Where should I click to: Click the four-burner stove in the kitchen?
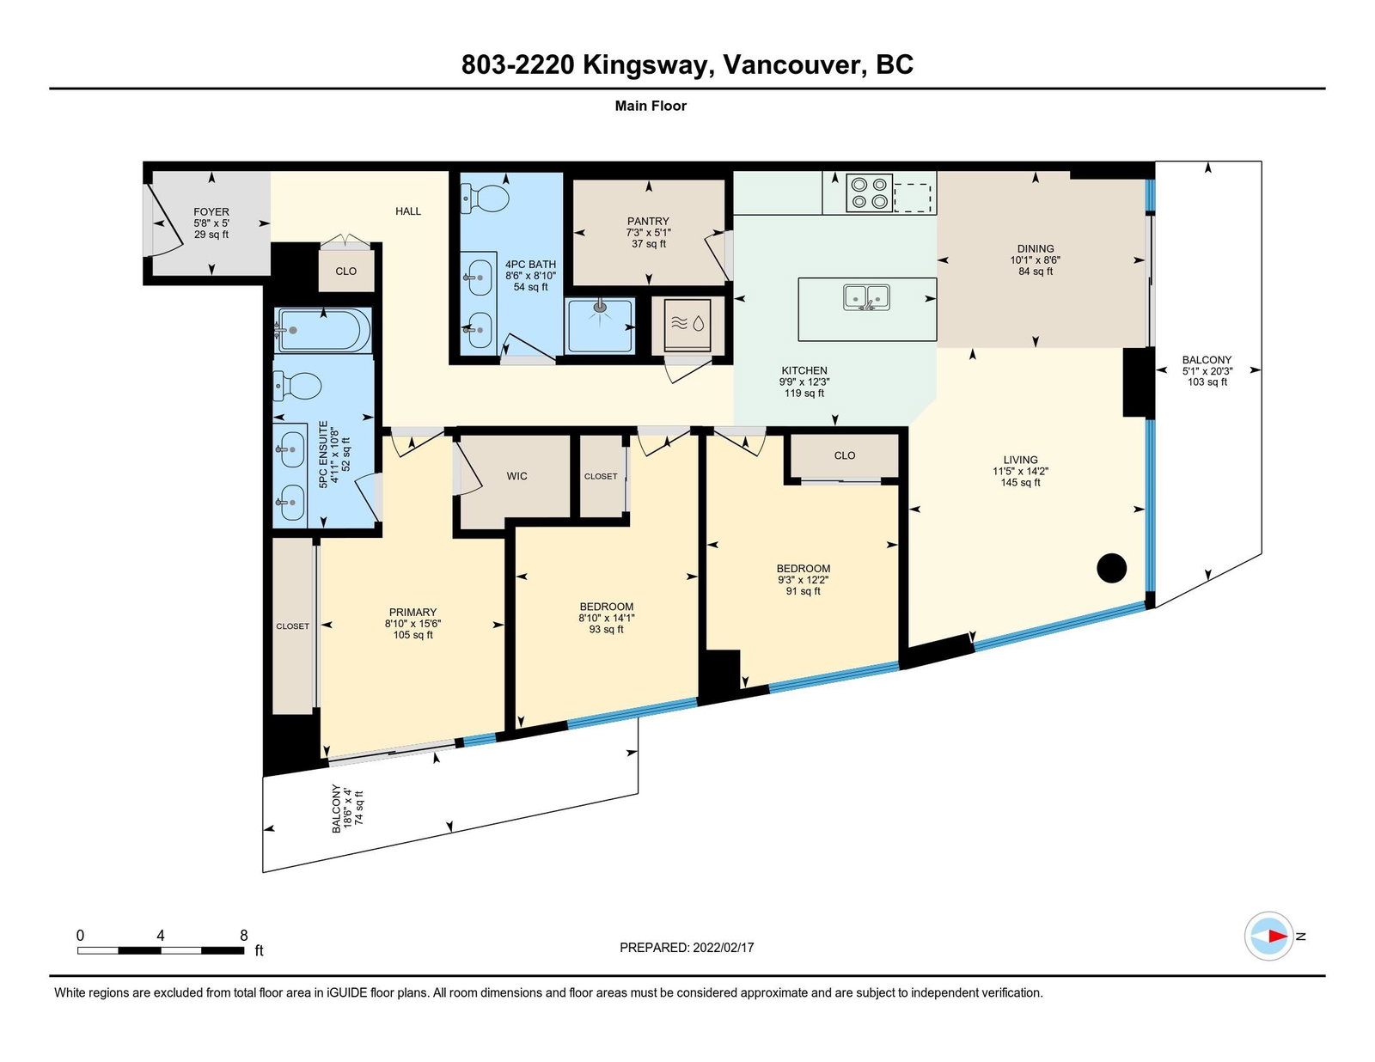[869, 193]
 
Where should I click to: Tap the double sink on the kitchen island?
[866, 297]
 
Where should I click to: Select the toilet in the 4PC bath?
[484, 198]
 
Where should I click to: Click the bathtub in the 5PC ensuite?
[324, 330]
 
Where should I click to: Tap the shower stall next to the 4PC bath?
[599, 326]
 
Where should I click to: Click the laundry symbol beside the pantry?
[687, 325]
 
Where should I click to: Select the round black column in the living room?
[1111, 567]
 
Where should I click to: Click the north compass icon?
[1269, 937]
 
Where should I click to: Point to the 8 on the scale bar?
[243, 935]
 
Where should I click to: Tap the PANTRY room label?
[648, 222]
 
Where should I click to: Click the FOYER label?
[211, 212]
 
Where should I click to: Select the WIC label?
[516, 476]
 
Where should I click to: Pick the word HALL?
[408, 211]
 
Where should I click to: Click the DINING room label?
[1036, 248]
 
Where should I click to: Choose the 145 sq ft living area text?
[1020, 483]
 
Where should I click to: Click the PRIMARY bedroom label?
[412, 613]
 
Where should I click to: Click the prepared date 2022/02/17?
[724, 948]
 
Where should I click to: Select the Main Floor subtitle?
[651, 106]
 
